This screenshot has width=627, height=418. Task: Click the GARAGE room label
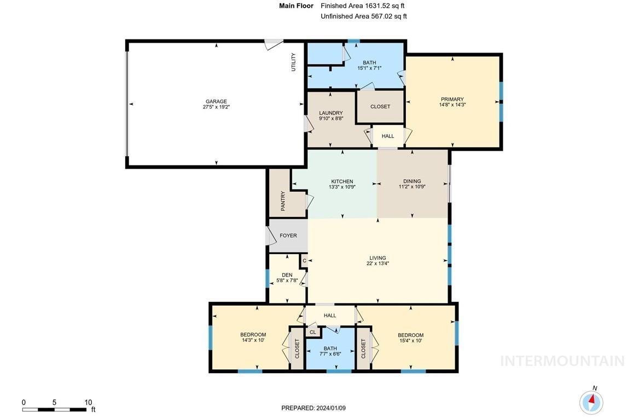pyautogui.click(x=216, y=101)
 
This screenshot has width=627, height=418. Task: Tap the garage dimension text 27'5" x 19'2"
pyautogui.click(x=216, y=107)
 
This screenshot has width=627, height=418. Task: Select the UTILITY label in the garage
pyautogui.click(x=293, y=62)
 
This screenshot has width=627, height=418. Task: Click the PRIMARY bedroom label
pyautogui.click(x=452, y=99)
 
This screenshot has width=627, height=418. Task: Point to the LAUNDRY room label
pyautogui.click(x=331, y=113)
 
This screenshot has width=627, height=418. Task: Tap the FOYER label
pyautogui.click(x=288, y=236)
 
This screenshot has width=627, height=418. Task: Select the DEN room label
pyautogui.click(x=287, y=275)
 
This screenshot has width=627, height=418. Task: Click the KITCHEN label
pyautogui.click(x=342, y=181)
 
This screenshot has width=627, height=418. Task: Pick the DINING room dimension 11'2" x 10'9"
pyautogui.click(x=412, y=187)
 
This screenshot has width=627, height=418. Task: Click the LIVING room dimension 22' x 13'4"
pyautogui.click(x=378, y=264)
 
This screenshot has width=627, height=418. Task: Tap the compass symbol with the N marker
pyautogui.click(x=591, y=402)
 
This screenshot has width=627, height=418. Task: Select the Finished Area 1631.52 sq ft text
pyautogui.click(x=363, y=6)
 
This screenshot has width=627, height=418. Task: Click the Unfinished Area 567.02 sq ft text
pyautogui.click(x=364, y=16)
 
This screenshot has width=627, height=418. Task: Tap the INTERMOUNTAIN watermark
pyautogui.click(x=562, y=361)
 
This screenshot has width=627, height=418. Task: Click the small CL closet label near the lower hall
pyautogui.click(x=313, y=332)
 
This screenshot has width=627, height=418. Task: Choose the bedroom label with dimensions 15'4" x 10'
pyautogui.click(x=410, y=335)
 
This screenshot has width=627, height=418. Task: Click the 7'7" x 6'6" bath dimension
pyautogui.click(x=330, y=354)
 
